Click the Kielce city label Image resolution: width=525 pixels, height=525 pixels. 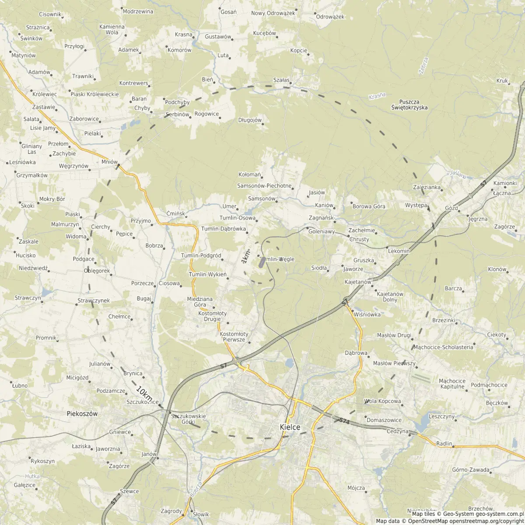[290, 427]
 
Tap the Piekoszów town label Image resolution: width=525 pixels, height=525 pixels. [82, 413]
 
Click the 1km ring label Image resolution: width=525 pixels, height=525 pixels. [245, 257]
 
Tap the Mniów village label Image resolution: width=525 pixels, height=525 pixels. [109, 161]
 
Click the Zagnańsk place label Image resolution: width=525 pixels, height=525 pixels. [321, 217]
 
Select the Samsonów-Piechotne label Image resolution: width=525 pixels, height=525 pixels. [264, 186]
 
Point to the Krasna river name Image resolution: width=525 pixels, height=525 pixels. [377, 96]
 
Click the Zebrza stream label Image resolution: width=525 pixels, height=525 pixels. [423, 66]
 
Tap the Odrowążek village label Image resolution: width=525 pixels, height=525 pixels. [330, 17]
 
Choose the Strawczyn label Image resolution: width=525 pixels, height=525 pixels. [28, 298]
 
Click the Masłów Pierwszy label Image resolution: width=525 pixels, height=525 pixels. [394, 363]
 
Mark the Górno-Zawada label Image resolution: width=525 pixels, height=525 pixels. [470, 470]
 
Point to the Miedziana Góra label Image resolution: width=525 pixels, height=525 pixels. [199, 302]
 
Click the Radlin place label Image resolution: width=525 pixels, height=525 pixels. [444, 443]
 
